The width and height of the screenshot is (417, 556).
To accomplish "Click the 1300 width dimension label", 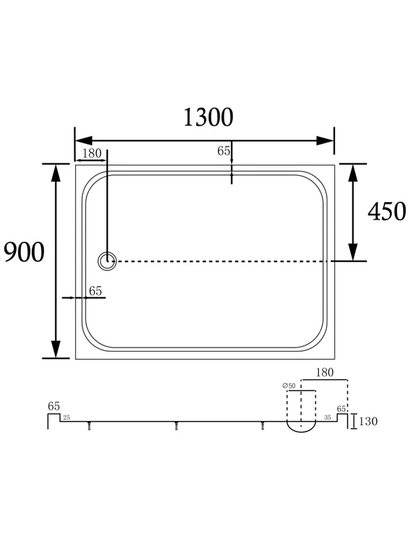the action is tap(208, 117).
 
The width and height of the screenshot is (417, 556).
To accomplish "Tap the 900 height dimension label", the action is tap(24, 252).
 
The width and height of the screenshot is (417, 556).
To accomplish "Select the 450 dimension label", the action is tap(386, 212).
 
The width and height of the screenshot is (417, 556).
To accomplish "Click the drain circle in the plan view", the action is tap(107, 261).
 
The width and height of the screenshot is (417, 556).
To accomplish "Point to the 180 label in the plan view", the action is tap(92, 154).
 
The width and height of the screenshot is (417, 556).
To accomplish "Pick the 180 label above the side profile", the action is tap(325, 373).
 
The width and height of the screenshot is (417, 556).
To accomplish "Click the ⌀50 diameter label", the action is tap(289, 386).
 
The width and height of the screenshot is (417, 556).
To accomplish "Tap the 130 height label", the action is tap(368, 421).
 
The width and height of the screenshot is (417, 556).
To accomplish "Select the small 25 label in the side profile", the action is tap(66, 418).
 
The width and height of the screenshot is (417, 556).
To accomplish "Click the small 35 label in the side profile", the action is tap(327, 418).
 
